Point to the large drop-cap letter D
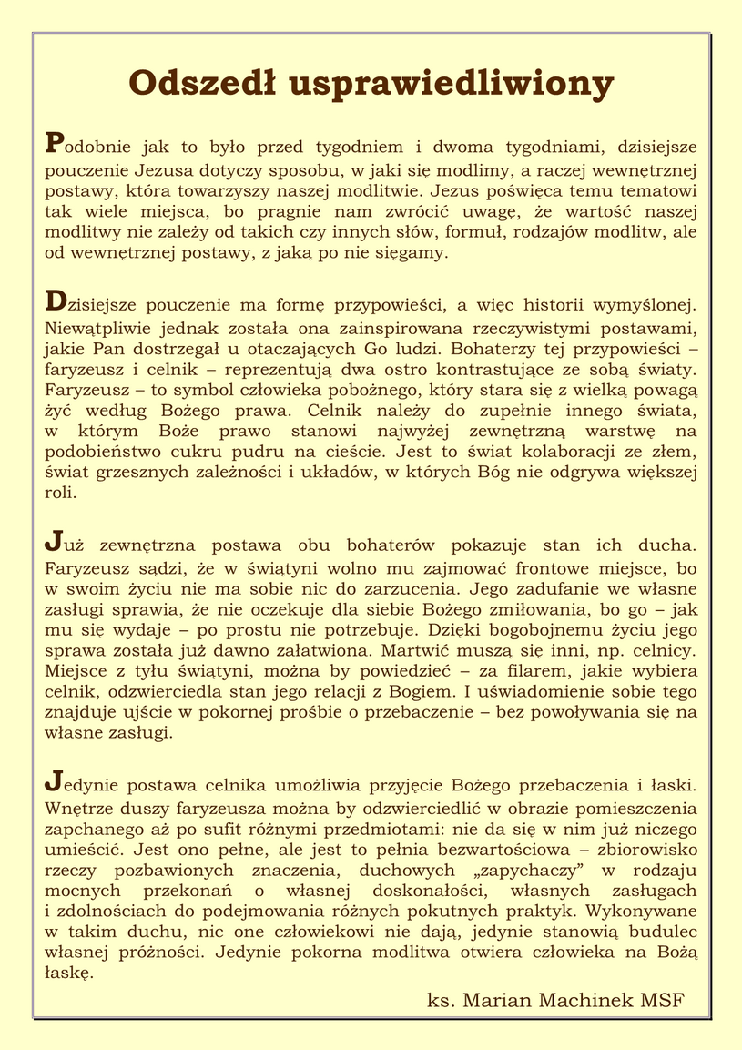click(55, 300)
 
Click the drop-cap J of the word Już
click(52, 544)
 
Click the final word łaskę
click(68, 974)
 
